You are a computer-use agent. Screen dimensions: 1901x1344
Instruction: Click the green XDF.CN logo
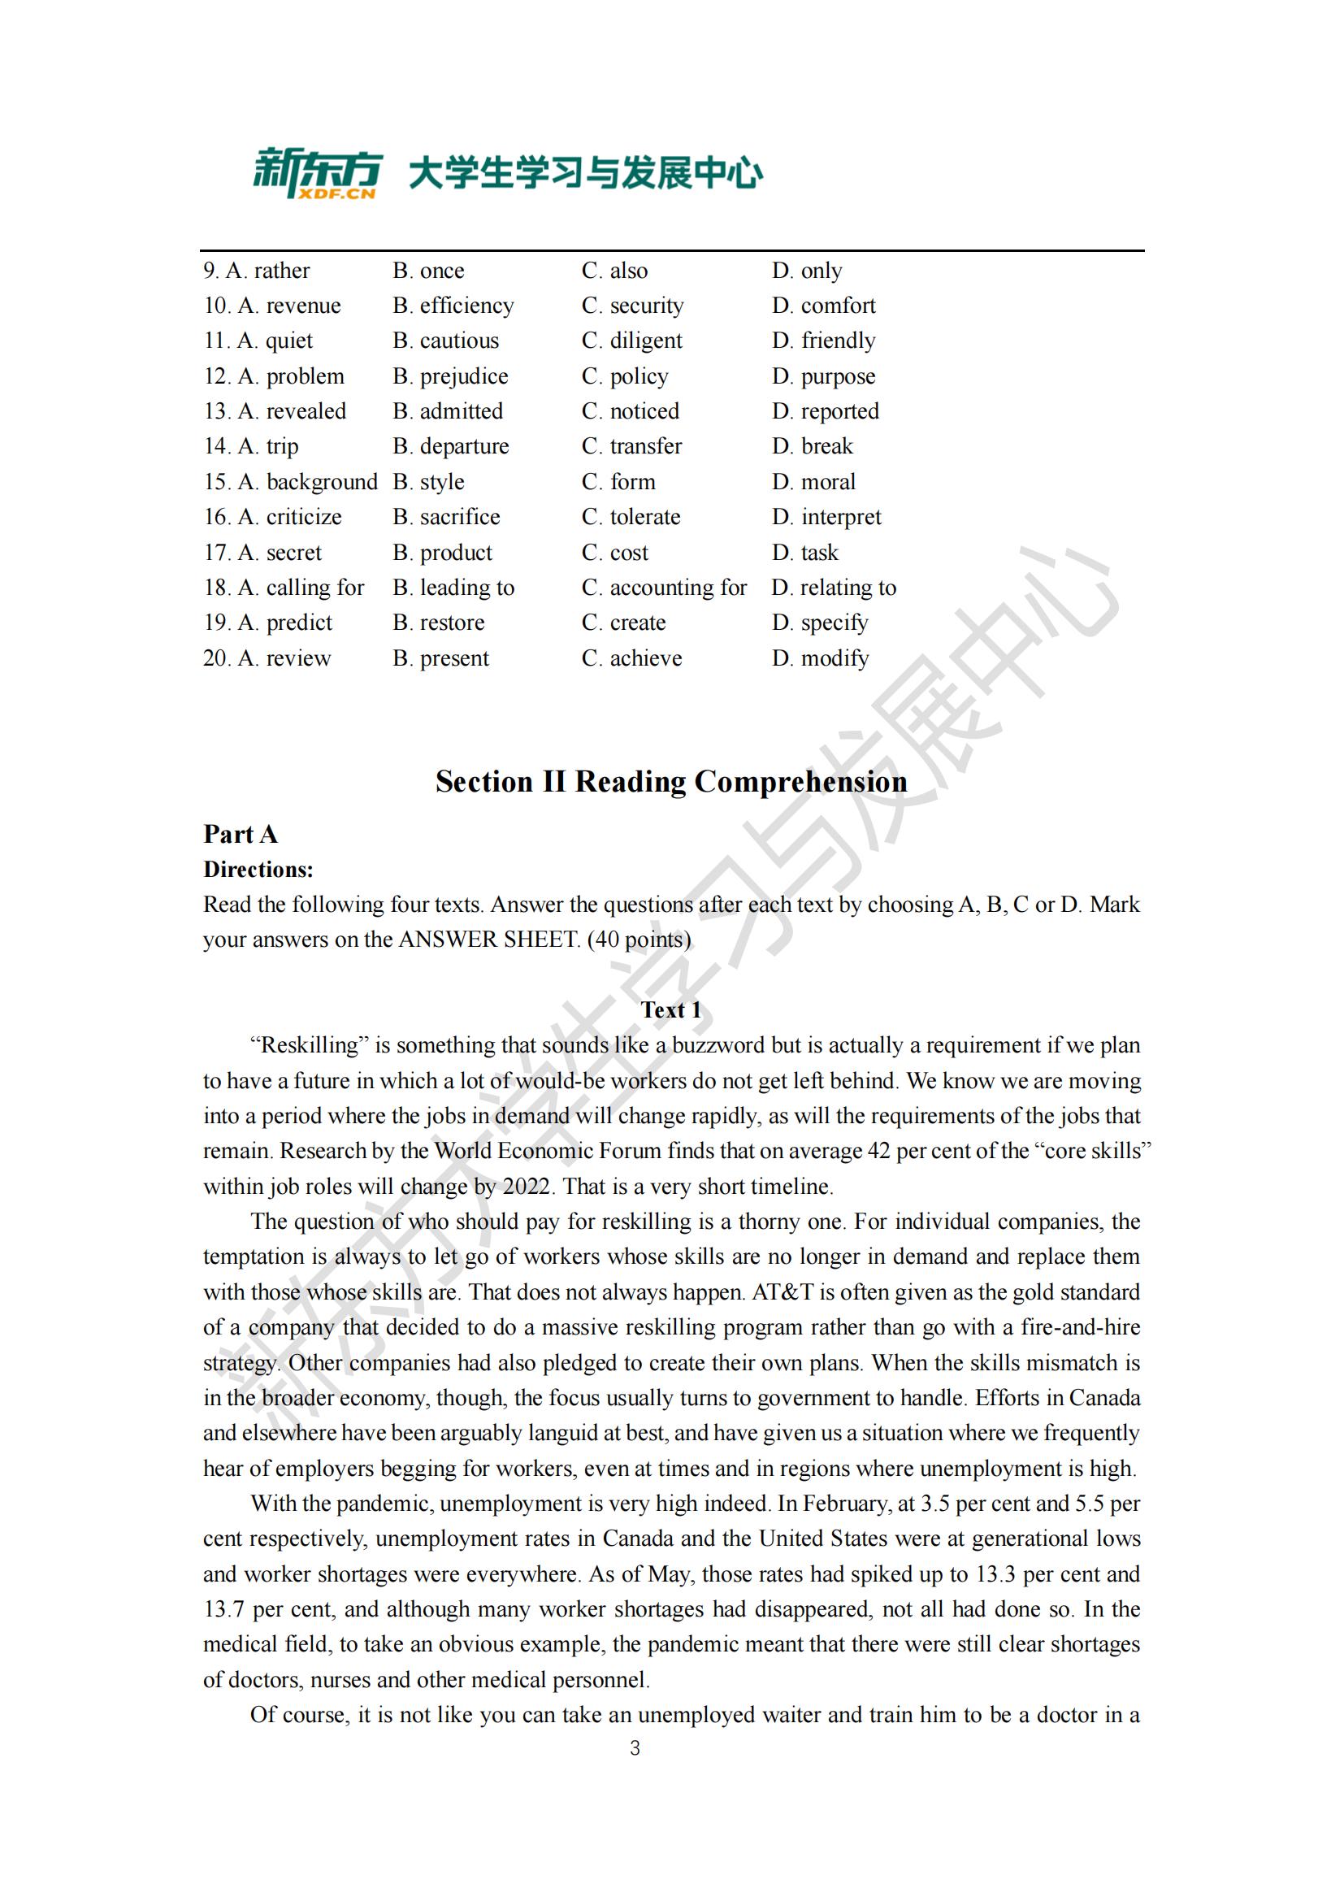point(317,173)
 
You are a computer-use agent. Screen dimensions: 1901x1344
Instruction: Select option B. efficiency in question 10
point(453,306)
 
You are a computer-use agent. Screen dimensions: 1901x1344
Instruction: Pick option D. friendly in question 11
point(823,341)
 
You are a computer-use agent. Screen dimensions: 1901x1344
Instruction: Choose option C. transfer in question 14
point(631,446)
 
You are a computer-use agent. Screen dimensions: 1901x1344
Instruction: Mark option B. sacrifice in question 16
point(446,517)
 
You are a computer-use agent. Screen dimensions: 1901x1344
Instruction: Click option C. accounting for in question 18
point(664,588)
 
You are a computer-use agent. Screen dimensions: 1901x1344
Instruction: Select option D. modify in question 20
point(820,658)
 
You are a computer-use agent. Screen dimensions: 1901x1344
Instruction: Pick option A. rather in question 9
point(267,271)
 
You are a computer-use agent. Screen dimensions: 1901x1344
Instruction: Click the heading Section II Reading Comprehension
point(671,782)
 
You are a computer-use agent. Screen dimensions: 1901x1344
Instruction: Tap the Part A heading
point(240,834)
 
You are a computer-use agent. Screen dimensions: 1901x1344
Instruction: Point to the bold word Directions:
point(258,870)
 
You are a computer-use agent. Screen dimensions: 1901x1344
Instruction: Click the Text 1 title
point(671,1010)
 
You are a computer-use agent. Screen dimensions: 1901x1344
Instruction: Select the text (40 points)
point(638,940)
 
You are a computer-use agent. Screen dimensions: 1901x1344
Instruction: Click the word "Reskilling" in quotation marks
point(310,1046)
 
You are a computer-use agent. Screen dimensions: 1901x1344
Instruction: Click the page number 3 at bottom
point(635,1749)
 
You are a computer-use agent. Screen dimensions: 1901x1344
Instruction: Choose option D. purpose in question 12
point(823,377)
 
